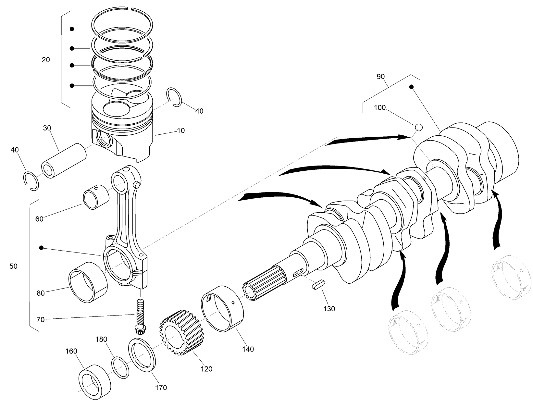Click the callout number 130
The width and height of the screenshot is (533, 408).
329,309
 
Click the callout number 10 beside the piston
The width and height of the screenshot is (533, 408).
181,130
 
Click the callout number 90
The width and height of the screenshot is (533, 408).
380,77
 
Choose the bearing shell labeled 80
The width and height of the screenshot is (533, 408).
88,282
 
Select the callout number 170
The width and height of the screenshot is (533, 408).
161,387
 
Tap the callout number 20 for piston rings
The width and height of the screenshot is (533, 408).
46,60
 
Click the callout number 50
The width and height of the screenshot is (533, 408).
13,266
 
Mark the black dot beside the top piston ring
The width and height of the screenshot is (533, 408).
72,29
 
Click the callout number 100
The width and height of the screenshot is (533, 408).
379,107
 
